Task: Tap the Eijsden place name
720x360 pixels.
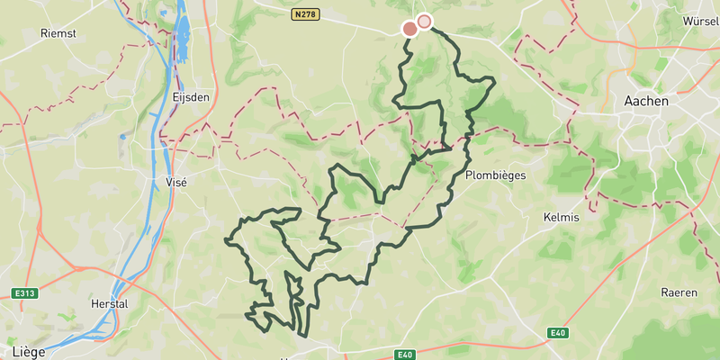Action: click(191, 97)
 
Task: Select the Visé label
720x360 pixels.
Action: click(177, 181)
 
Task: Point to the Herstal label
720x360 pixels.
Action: click(110, 304)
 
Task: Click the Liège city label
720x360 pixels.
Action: click(30, 350)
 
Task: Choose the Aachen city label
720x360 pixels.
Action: click(646, 102)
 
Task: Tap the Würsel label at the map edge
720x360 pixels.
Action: click(700, 20)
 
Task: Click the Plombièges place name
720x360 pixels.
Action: click(495, 175)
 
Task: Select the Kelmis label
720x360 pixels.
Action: click(562, 218)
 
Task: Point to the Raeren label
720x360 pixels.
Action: click(679, 292)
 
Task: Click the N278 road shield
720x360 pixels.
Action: click(306, 14)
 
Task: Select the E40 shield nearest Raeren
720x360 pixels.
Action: click(558, 334)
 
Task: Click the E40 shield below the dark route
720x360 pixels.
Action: click(404, 355)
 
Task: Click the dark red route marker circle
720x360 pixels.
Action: click(409, 29)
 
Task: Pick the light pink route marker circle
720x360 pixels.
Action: click(424, 22)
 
